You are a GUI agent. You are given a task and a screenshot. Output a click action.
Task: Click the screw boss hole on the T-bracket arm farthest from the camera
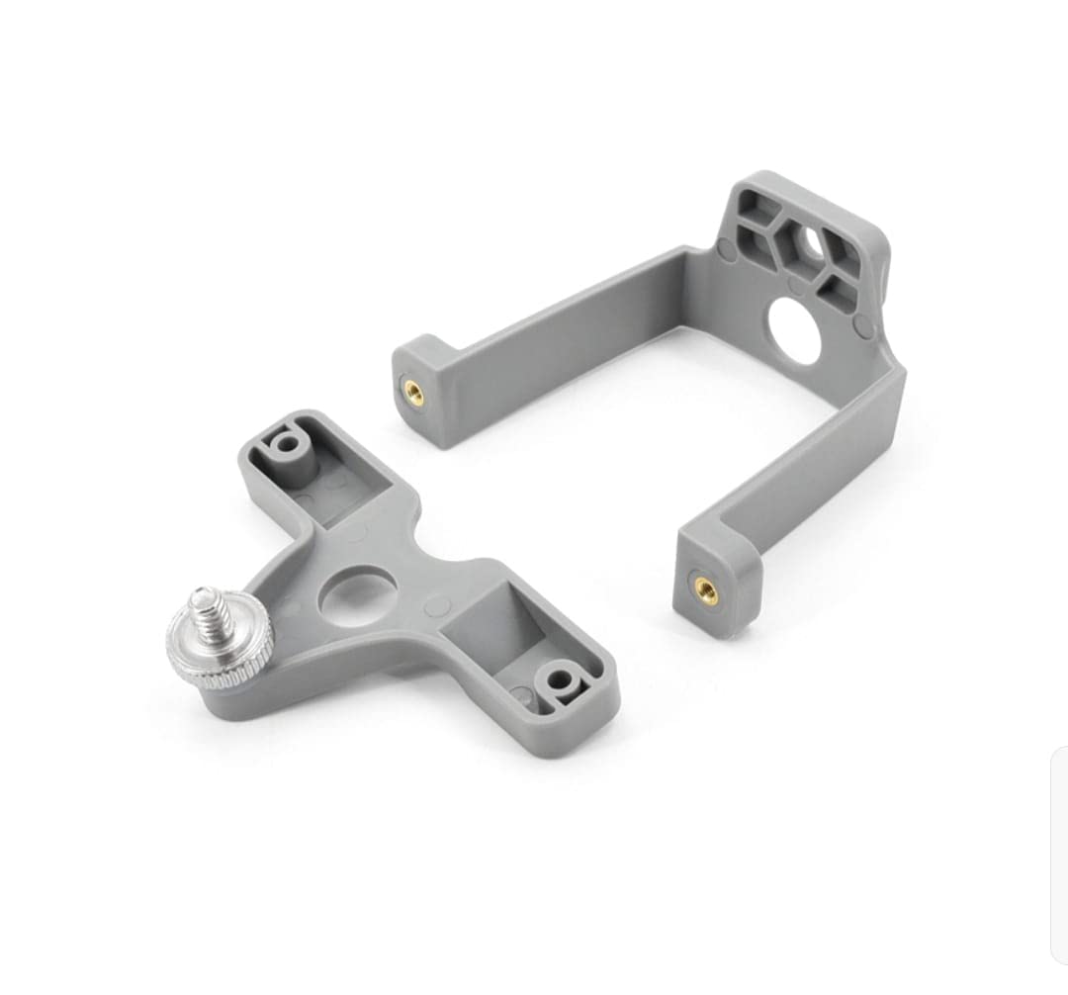click(x=287, y=442)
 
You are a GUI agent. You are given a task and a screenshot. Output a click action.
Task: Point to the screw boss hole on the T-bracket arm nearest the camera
click(x=562, y=679)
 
